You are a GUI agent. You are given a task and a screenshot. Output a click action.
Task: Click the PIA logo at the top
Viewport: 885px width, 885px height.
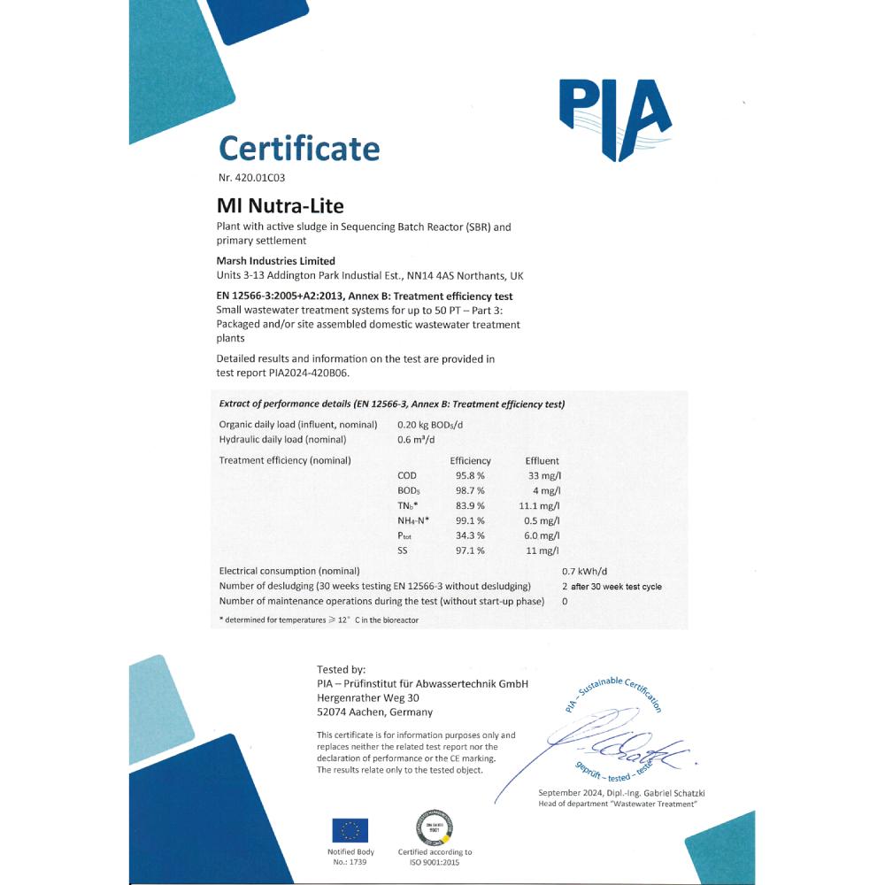pyautogui.click(x=615, y=118)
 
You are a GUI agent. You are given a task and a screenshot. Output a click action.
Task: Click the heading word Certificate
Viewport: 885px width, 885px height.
pyautogui.click(x=299, y=148)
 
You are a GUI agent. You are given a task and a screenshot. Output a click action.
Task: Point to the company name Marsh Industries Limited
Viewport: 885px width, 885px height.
pyautogui.click(x=276, y=261)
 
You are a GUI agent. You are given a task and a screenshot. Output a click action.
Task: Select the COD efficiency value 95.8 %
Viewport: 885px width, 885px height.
pyautogui.click(x=467, y=476)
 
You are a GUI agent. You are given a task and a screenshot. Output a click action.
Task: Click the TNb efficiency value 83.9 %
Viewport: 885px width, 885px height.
pyautogui.click(x=467, y=505)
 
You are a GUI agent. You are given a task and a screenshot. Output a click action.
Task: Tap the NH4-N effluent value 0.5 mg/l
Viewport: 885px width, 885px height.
pyautogui.click(x=541, y=520)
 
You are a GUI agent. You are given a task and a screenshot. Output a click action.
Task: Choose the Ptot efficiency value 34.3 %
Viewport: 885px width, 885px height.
pyautogui.click(x=467, y=535)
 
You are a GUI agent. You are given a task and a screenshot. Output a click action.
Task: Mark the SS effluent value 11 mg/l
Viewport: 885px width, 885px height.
pyautogui.click(x=543, y=550)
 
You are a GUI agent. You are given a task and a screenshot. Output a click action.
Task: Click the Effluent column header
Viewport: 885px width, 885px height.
pyautogui.click(x=542, y=461)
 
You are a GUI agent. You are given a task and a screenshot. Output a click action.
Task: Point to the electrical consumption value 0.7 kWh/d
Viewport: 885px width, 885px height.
pyautogui.click(x=586, y=572)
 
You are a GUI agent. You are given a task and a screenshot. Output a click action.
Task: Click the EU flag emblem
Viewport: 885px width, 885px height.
pyautogui.click(x=350, y=830)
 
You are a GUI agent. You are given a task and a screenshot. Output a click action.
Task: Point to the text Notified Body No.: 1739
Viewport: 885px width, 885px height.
pyautogui.click(x=350, y=857)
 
